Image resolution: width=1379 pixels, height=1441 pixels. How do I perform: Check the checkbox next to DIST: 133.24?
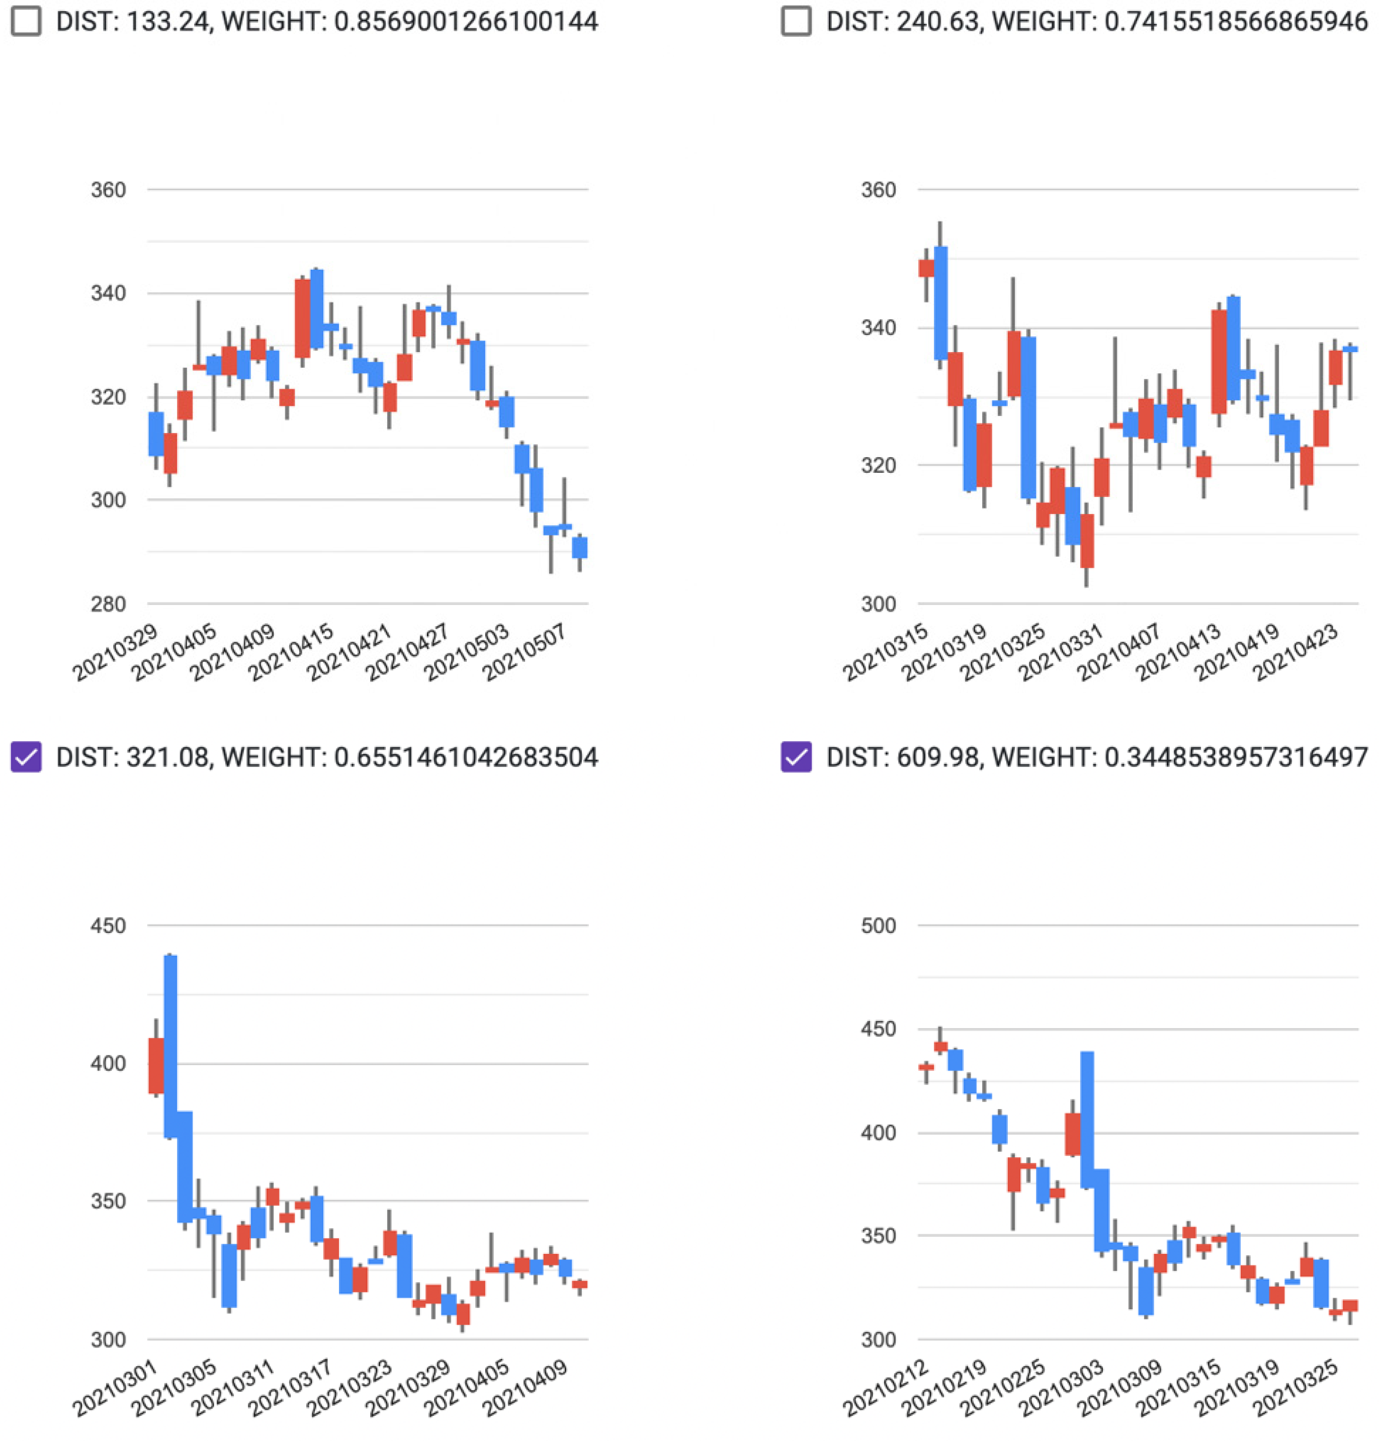tap(27, 21)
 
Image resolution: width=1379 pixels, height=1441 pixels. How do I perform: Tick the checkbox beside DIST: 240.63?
tap(796, 21)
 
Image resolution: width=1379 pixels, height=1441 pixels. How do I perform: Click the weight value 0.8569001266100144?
tap(466, 21)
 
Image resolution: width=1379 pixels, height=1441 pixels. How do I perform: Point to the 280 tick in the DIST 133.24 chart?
tap(108, 604)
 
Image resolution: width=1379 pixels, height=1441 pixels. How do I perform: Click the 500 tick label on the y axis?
tap(879, 925)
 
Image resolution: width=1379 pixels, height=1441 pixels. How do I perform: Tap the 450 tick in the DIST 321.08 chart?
tap(108, 925)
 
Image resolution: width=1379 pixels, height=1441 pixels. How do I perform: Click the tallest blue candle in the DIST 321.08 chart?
tap(170, 1046)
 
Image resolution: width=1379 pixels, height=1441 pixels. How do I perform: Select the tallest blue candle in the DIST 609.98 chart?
tap(1087, 1119)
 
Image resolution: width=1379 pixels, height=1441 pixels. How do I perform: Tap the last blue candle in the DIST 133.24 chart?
tap(580, 548)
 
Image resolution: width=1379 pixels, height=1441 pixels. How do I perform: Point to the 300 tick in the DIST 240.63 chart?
tap(879, 604)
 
